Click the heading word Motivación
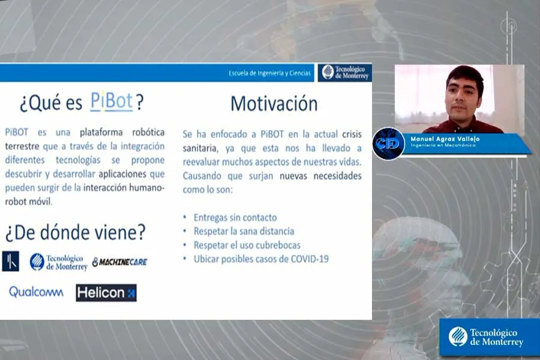[274, 104]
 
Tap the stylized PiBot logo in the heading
[112, 101]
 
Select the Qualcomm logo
[35, 292]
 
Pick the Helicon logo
[106, 293]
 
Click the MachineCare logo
[119, 262]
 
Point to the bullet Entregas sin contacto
[235, 217]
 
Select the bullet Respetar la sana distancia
[244, 231]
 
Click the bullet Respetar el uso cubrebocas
[247, 245]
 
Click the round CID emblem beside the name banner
[388, 143]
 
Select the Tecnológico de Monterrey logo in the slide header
[344, 73]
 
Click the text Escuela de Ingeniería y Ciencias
[269, 73]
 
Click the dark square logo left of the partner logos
[11, 261]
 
